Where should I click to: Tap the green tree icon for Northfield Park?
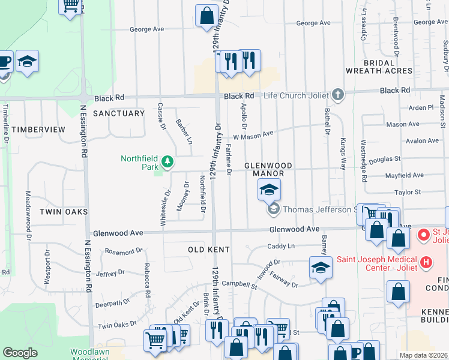point(169,161)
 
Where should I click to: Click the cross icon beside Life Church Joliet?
point(339,95)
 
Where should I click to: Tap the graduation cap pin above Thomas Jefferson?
point(270,191)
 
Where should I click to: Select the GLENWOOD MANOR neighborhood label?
point(268,169)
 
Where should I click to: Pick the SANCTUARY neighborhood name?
point(119,113)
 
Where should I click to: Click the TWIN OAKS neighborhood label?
point(64,212)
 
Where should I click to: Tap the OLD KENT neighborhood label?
point(209,248)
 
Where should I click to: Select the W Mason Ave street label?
point(253,136)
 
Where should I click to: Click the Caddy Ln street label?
point(281,246)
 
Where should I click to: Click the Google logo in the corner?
point(20,353)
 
